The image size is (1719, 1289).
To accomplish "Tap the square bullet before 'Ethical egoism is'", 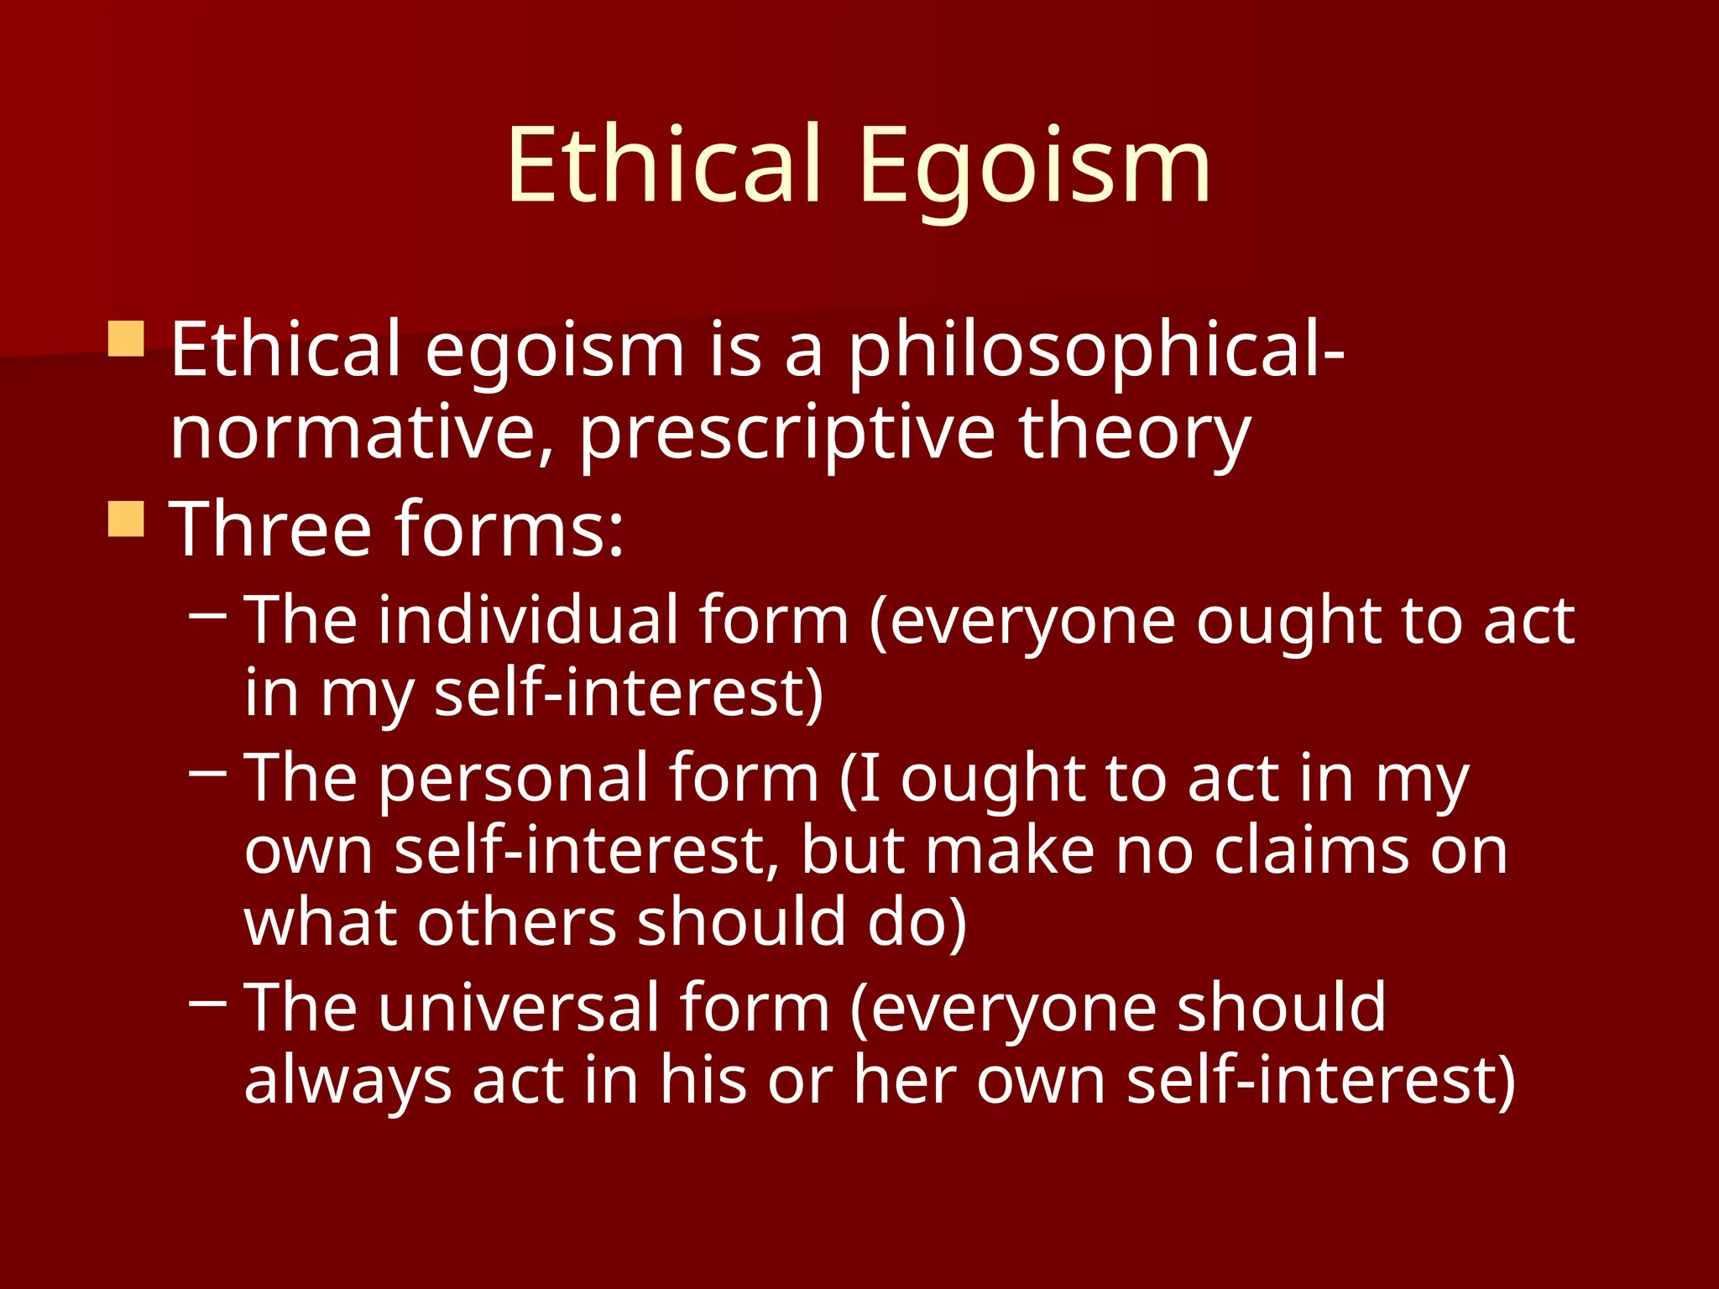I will point(127,339).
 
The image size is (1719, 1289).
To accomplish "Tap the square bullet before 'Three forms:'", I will point(127,519).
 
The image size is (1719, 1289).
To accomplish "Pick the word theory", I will point(1135,436).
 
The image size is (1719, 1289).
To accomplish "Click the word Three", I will point(270,529).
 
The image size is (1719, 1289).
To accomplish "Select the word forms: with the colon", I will point(509,529).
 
